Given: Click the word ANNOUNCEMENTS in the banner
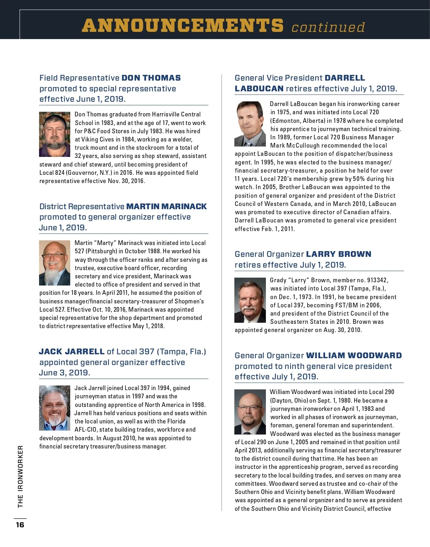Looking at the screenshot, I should [183, 26].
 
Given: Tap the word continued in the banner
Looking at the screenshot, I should [328, 27].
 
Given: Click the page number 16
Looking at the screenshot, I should [20, 525].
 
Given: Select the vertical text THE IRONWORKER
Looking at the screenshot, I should [20, 476].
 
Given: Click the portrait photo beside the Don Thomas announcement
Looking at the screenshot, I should [54, 134].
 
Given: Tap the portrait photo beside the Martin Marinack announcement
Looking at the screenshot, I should [54, 263].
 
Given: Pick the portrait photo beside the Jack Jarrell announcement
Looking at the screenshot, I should [54, 408].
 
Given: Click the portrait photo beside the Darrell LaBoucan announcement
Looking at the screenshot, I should [250, 124].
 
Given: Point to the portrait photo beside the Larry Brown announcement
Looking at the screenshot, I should [250, 300].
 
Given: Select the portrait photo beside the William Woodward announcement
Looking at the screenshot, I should [250, 412].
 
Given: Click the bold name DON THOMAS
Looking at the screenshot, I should [151, 78].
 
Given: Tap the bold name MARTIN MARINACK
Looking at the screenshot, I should [167, 207].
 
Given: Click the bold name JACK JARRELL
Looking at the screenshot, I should [72, 352].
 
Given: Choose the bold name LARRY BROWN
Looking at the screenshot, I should [339, 254].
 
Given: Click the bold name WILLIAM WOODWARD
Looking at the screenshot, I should [354, 356].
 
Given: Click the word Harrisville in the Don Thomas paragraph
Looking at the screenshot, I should [167, 114].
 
